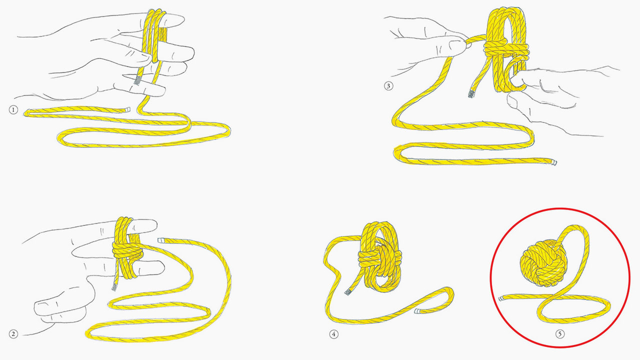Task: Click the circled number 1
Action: pos(13,109)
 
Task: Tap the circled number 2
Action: pos(13,333)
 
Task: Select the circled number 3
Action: pos(389,85)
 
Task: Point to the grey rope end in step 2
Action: pos(114,287)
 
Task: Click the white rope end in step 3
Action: pos(553,162)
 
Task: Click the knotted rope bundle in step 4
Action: pos(378,257)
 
